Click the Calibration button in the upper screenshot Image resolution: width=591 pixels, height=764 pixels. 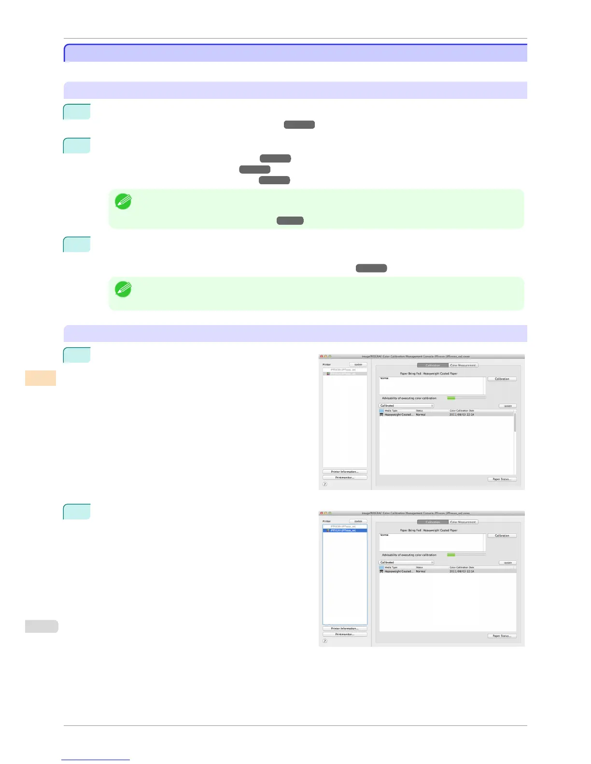pyautogui.click(x=502, y=379)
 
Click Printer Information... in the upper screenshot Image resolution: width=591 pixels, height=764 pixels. pyautogui.click(x=345, y=472)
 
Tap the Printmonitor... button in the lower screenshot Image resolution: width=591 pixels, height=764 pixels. pyautogui.click(x=345, y=634)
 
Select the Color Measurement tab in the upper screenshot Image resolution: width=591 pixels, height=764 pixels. pyautogui.click(x=463, y=365)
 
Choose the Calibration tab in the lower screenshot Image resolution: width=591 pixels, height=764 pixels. pyautogui.click(x=433, y=522)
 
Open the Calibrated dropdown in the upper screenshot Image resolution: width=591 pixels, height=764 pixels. pyautogui.click(x=406, y=406)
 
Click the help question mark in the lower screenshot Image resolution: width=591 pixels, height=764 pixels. pyautogui.click(x=325, y=641)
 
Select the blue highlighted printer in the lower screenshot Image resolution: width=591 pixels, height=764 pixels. pyautogui.click(x=345, y=531)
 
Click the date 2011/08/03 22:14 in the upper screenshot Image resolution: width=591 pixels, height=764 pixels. pyautogui.click(x=462, y=415)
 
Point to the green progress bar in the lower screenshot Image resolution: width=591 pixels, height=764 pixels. pyautogui.click(x=451, y=555)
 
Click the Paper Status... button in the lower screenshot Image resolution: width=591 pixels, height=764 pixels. pyautogui.click(x=502, y=636)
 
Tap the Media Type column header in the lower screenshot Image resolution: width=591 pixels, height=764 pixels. pyautogui.click(x=391, y=567)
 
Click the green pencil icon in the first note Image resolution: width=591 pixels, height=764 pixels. pyautogui.click(x=123, y=201)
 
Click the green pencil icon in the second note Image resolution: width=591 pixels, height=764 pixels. pyautogui.click(x=123, y=289)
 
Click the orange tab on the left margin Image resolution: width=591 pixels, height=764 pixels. pyautogui.click(x=41, y=378)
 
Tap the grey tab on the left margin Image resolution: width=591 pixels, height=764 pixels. pyautogui.click(x=42, y=626)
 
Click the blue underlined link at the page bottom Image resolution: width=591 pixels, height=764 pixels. pyautogui.click(x=96, y=760)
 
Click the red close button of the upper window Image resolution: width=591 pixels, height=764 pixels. pyautogui.click(x=322, y=356)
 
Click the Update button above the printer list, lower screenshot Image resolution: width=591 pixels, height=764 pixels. pyautogui.click(x=358, y=521)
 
